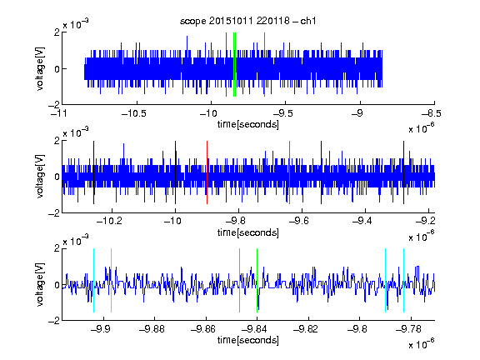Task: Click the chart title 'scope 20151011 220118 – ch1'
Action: click(247, 21)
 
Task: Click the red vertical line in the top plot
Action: click(226, 64)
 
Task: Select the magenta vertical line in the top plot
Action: click(264, 64)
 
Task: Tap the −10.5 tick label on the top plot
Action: click(134, 114)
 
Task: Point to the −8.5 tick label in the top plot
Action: click(431, 114)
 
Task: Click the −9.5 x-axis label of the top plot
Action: click(282, 114)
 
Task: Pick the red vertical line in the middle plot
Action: click(207, 172)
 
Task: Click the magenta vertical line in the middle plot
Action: click(290, 172)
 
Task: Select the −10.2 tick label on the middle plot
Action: click(109, 221)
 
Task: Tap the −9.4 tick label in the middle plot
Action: click(362, 221)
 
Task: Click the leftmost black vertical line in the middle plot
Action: click(93, 172)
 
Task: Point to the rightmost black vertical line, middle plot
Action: click(403, 172)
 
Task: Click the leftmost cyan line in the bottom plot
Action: click(93, 280)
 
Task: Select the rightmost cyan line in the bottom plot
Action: click(403, 280)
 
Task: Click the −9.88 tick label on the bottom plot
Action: click(152, 329)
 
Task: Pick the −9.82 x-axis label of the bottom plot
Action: click(306, 329)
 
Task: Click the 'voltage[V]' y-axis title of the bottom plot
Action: click(40, 284)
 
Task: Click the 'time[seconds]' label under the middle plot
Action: click(248, 232)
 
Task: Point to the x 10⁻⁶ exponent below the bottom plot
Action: click(421, 344)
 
